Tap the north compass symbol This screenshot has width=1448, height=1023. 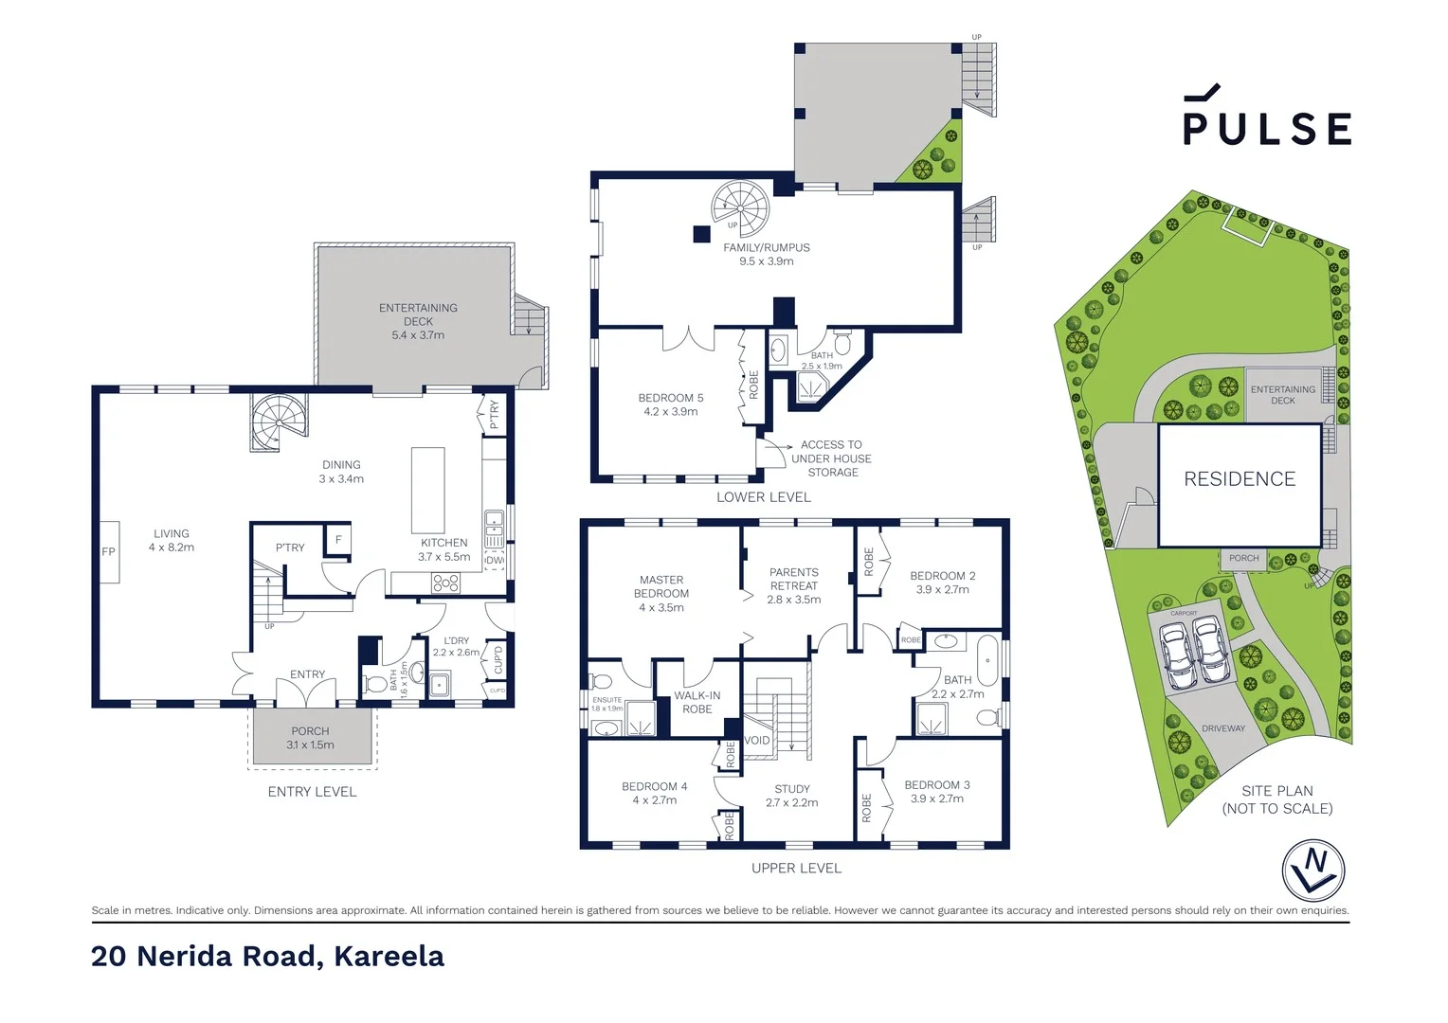[1313, 870]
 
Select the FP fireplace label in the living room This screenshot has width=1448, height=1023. [109, 551]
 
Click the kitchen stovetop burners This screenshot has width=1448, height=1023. [445, 583]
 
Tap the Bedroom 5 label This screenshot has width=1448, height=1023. [671, 404]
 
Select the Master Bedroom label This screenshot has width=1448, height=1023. [661, 593]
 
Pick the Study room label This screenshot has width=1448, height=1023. [792, 795]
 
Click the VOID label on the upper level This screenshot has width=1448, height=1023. [757, 741]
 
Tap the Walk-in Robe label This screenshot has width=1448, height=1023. [697, 702]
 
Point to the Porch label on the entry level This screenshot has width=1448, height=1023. [311, 737]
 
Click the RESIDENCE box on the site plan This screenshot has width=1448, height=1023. [1240, 480]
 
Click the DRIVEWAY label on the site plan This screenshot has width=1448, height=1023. [1223, 728]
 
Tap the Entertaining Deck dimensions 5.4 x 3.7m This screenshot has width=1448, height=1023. [418, 335]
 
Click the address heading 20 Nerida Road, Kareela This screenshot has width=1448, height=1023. [268, 957]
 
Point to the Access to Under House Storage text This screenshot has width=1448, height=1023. [831, 458]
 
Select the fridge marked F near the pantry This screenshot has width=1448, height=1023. [338, 539]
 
